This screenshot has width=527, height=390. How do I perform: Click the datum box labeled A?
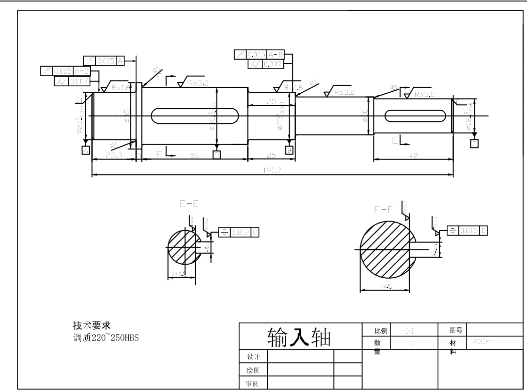(x=86, y=150)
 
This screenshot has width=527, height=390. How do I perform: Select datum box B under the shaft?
(x=289, y=150)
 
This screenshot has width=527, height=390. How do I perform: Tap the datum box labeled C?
(x=474, y=144)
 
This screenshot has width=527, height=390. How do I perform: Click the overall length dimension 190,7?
(x=272, y=170)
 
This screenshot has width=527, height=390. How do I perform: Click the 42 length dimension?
(x=413, y=156)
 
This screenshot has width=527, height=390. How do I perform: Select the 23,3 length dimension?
(x=114, y=156)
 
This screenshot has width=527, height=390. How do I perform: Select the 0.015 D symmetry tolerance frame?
(x=467, y=230)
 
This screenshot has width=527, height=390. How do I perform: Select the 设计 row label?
(x=253, y=356)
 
